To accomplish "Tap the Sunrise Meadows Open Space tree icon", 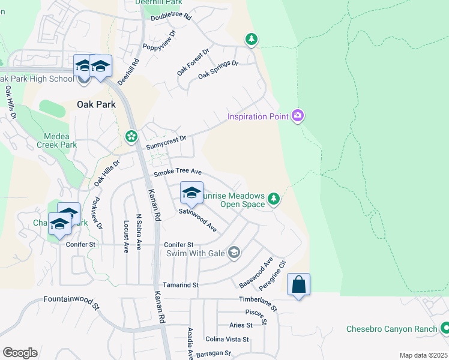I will pos(274,199).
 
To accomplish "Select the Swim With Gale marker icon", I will pos(234,253).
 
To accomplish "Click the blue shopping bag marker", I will pos(298,285).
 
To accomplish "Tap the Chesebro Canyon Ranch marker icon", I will pos(445,328).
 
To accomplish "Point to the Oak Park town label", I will pos(96,104).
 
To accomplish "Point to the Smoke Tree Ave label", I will pos(177,172).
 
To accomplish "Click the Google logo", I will pos(20,353).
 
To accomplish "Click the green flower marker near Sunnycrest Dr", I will pos(131,137).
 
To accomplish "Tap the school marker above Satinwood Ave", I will pos(191,193).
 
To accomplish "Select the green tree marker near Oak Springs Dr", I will pos(252,40).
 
